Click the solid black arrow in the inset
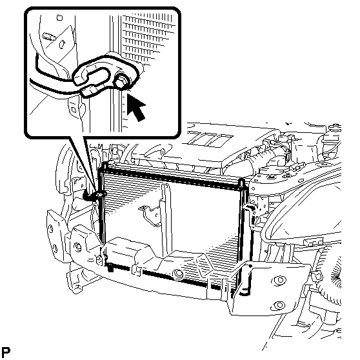click(x=135, y=108)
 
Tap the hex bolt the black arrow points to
click(x=121, y=82)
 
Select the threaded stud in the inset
click(x=49, y=37)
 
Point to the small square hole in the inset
click(x=59, y=17)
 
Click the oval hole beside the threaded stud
click(x=62, y=45)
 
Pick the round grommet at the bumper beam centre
click(x=179, y=274)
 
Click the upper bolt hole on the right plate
click(x=279, y=280)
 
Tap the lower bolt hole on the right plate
click(x=279, y=305)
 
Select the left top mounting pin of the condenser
click(x=105, y=166)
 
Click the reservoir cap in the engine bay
click(x=334, y=128)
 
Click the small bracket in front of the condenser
click(x=150, y=214)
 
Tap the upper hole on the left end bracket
click(x=50, y=228)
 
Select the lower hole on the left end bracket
click(x=55, y=248)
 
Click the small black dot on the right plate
click(x=250, y=266)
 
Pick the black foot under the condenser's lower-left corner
click(x=111, y=268)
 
